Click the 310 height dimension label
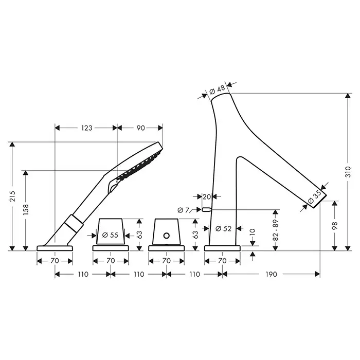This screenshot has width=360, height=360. click(348, 172)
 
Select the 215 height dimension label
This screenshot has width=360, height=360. click(12, 196)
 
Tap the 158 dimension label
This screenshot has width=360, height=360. click(26, 209)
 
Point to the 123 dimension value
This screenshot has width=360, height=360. click(86, 128)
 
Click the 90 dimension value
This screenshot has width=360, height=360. click(140, 128)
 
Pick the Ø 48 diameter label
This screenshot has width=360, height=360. click(217, 90)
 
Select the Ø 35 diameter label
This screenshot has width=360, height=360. click(315, 197)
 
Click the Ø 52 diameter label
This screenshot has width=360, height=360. click(223, 228)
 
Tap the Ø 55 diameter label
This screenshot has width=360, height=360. click(110, 235)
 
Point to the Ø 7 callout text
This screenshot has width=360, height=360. click(184, 210)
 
